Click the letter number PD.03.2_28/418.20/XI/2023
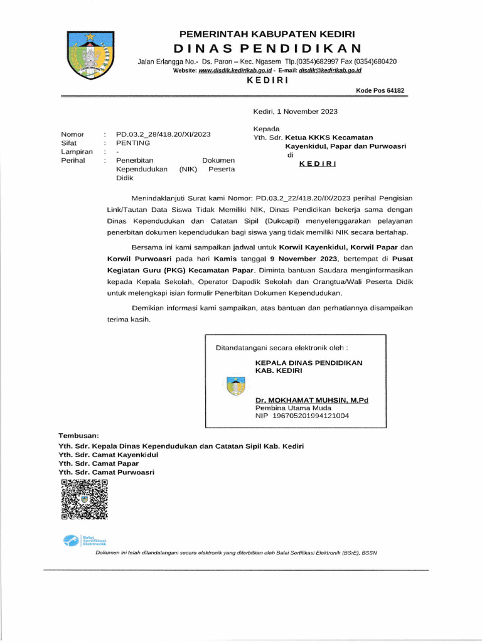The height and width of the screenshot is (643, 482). point(163,134)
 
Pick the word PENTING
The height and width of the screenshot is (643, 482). point(133,143)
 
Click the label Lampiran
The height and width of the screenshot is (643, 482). point(77,151)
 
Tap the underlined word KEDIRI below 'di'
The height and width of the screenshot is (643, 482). point(317,164)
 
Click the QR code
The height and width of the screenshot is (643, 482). point(84,499)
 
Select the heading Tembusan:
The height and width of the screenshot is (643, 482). point(83,435)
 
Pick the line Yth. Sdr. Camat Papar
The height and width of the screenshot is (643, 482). point(99,463)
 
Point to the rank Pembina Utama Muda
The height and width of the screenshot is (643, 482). point(292,408)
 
